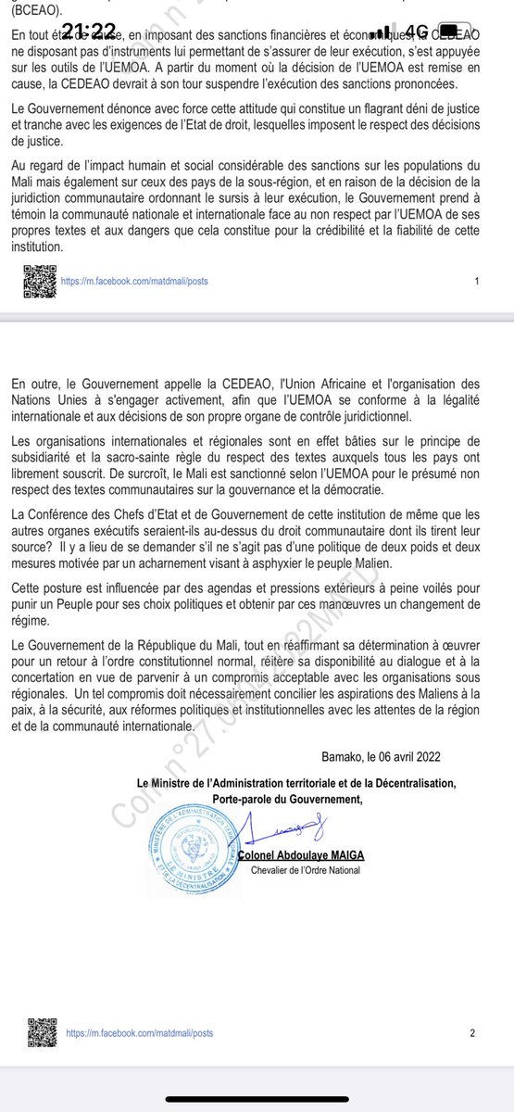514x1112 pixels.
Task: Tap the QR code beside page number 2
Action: point(34,1031)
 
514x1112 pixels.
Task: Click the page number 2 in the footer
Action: point(472,1033)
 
